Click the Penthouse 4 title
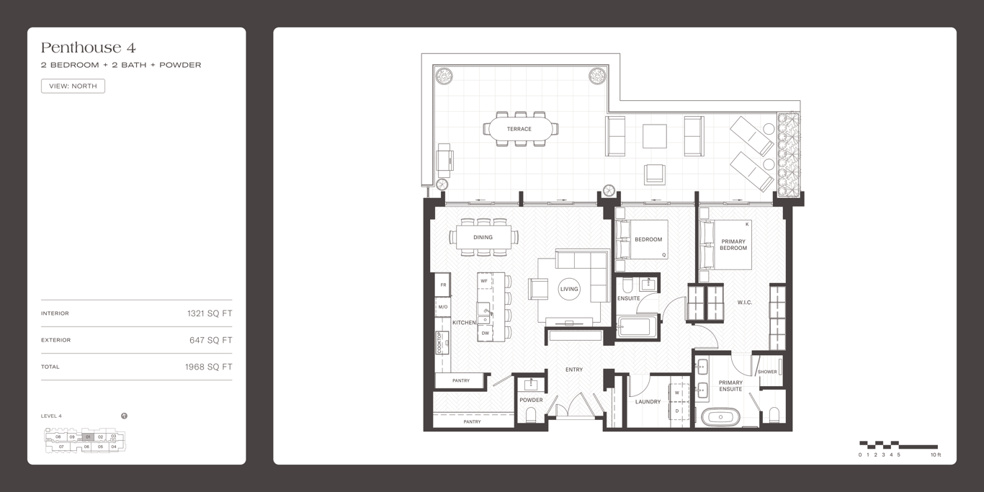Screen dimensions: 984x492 [x=89, y=48]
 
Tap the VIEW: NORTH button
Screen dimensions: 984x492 [x=73, y=86]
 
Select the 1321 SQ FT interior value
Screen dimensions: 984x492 [x=210, y=313]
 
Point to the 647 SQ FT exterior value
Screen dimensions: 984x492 [x=211, y=340]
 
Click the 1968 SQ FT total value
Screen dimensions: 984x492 [x=209, y=367]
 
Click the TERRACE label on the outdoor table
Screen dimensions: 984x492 [x=519, y=129]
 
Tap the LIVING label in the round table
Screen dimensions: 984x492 [x=569, y=289]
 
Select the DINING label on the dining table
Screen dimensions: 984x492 [x=483, y=237]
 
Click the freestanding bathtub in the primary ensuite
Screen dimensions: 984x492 [x=720, y=417]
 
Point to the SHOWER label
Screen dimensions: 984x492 [x=767, y=372]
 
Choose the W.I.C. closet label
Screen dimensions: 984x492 [x=745, y=303]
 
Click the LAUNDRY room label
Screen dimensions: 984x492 [x=648, y=401]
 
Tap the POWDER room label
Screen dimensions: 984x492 [x=531, y=401]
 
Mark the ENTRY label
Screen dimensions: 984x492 [x=574, y=370]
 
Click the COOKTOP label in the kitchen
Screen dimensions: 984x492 [x=439, y=343]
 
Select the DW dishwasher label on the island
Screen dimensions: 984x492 [x=486, y=334]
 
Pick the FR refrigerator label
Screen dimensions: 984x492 [x=443, y=285]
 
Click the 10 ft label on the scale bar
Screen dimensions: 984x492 [x=936, y=455]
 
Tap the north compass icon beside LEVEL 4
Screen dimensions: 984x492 [x=125, y=416]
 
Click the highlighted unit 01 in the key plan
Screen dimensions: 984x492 [x=88, y=437]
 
